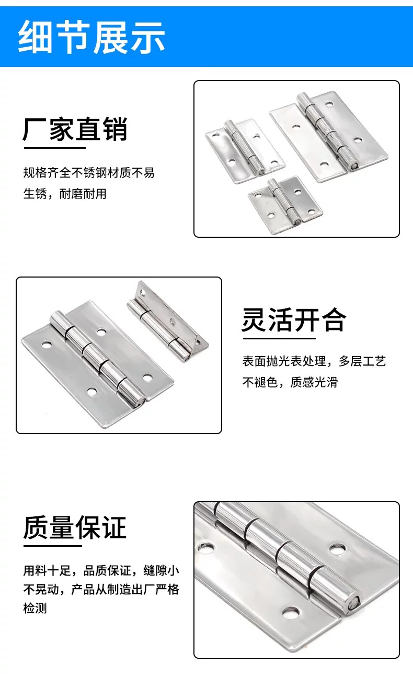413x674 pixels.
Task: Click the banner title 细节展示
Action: click(91, 37)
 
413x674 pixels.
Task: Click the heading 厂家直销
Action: click(75, 129)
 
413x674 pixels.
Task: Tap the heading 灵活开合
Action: click(294, 320)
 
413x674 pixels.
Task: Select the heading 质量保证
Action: click(75, 527)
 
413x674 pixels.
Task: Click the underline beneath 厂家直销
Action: click(55, 148)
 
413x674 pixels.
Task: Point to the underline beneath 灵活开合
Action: click(279, 339)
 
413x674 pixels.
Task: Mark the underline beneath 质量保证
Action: click(53, 546)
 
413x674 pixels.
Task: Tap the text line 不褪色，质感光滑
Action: click(290, 382)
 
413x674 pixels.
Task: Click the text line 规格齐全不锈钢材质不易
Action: click(89, 173)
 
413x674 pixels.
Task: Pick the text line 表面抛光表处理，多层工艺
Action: click(314, 361)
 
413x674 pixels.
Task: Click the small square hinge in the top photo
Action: click(285, 205)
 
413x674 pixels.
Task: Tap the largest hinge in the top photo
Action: click(329, 137)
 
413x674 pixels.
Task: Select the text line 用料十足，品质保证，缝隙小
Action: click(101, 571)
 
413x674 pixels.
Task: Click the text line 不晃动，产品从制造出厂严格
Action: click(101, 590)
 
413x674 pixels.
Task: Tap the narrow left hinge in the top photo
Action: click(245, 150)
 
